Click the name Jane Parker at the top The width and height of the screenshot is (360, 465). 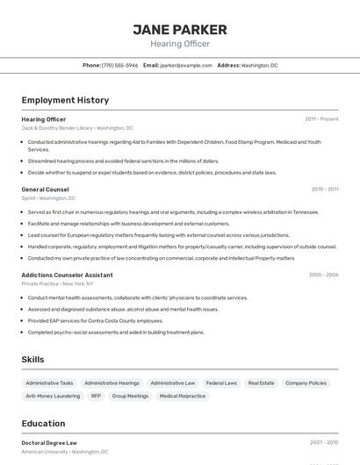pyautogui.click(x=180, y=29)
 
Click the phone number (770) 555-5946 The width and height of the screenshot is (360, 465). pyautogui.click(x=119, y=65)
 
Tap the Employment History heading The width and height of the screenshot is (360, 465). pyautogui.click(x=65, y=100)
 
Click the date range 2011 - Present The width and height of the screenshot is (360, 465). pyautogui.click(x=321, y=118)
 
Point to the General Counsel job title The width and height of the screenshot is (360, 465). pyautogui.click(x=45, y=189)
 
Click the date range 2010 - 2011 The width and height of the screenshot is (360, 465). pyautogui.click(x=324, y=189)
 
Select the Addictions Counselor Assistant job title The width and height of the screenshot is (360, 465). pyautogui.click(x=67, y=275)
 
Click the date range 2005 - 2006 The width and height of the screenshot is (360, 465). pyautogui.click(x=323, y=275)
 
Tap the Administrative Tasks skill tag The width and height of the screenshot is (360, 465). pyautogui.click(x=49, y=383)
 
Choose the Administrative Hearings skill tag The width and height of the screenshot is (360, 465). pyautogui.click(x=112, y=383)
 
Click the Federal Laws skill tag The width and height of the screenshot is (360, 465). pyautogui.click(x=221, y=383)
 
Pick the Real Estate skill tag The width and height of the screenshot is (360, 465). pyautogui.click(x=261, y=383)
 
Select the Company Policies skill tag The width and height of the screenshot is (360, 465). pyautogui.click(x=306, y=383)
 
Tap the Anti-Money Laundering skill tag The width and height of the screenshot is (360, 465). pyautogui.click(x=53, y=396)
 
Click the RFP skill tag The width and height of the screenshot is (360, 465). pyautogui.click(x=96, y=396)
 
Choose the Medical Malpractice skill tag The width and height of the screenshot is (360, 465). pyautogui.click(x=182, y=396)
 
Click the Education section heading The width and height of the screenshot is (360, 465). pyautogui.click(x=43, y=423)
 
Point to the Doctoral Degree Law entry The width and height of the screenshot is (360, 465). pyautogui.click(x=49, y=443)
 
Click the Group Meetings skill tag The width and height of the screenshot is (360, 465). pyautogui.click(x=130, y=396)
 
